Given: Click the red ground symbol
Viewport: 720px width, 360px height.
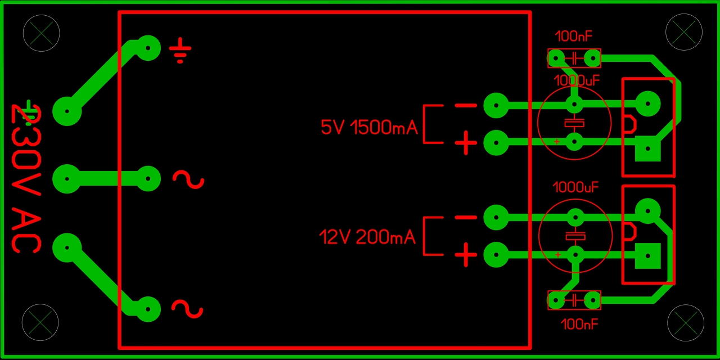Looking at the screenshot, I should [x=180, y=51].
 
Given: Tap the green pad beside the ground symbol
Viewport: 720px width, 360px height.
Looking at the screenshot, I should [x=148, y=48].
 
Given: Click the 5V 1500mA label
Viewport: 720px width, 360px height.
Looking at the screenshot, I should [x=369, y=128].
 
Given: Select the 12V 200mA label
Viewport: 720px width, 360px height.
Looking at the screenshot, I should [x=367, y=237].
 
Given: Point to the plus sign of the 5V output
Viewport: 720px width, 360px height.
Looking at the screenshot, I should [x=466, y=143].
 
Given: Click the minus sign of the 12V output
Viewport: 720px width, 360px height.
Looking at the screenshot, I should [x=466, y=218].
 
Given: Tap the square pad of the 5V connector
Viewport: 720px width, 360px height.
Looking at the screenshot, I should [x=648, y=149].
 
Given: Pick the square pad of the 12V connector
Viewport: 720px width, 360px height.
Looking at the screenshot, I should [x=648, y=256].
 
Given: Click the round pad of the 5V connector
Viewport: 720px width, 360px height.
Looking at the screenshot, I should [x=648, y=103].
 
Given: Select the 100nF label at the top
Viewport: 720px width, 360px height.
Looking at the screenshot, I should [x=574, y=37].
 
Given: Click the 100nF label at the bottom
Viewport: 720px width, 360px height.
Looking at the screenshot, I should [x=579, y=324].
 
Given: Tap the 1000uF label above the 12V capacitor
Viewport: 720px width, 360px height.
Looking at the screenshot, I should [x=575, y=187].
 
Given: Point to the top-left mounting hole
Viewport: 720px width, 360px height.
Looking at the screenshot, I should [x=41, y=33].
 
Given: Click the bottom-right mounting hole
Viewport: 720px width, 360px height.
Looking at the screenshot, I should [x=686, y=323].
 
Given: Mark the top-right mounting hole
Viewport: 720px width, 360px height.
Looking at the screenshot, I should [x=684, y=32].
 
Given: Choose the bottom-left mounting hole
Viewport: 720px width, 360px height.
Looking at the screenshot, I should [x=40, y=322].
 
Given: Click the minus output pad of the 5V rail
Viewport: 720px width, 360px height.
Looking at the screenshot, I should [x=496, y=105].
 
